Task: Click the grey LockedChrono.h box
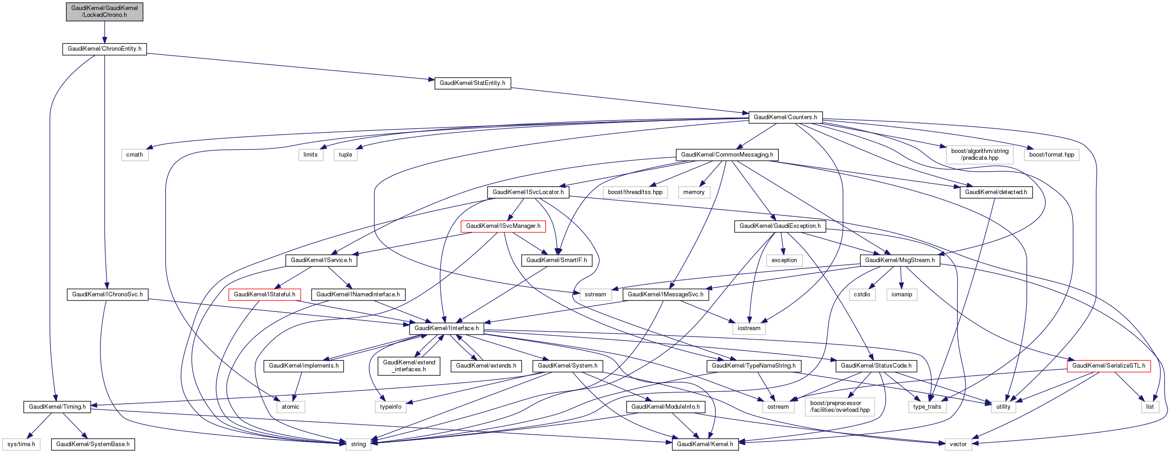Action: pyautogui.click(x=104, y=11)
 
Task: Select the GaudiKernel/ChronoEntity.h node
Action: pyautogui.click(x=104, y=49)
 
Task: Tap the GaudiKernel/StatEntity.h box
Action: pyautogui.click(x=472, y=83)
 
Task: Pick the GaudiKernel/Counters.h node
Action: pyautogui.click(x=785, y=117)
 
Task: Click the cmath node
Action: pyautogui.click(x=134, y=155)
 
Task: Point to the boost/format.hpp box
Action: pyautogui.click(x=1051, y=155)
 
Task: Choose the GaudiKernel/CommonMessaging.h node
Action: pyautogui.click(x=727, y=155)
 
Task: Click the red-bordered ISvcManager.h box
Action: pyautogui.click(x=503, y=226)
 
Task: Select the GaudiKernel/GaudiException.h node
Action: pyautogui.click(x=780, y=226)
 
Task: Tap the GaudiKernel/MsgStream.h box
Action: pyautogui.click(x=899, y=260)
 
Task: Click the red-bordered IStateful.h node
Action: pyautogui.click(x=264, y=295)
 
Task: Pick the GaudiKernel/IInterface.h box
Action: pyautogui.click(x=446, y=328)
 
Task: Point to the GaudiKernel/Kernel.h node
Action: pyautogui.click(x=704, y=444)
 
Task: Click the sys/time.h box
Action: pyautogui.click(x=21, y=444)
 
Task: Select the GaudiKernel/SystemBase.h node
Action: pyautogui.click(x=93, y=444)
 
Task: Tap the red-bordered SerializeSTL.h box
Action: pyautogui.click(x=1108, y=366)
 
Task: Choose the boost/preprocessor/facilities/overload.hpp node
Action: pyautogui.click(x=839, y=406)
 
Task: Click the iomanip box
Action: pyautogui.click(x=901, y=295)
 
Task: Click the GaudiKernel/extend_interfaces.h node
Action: pyautogui.click(x=409, y=366)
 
